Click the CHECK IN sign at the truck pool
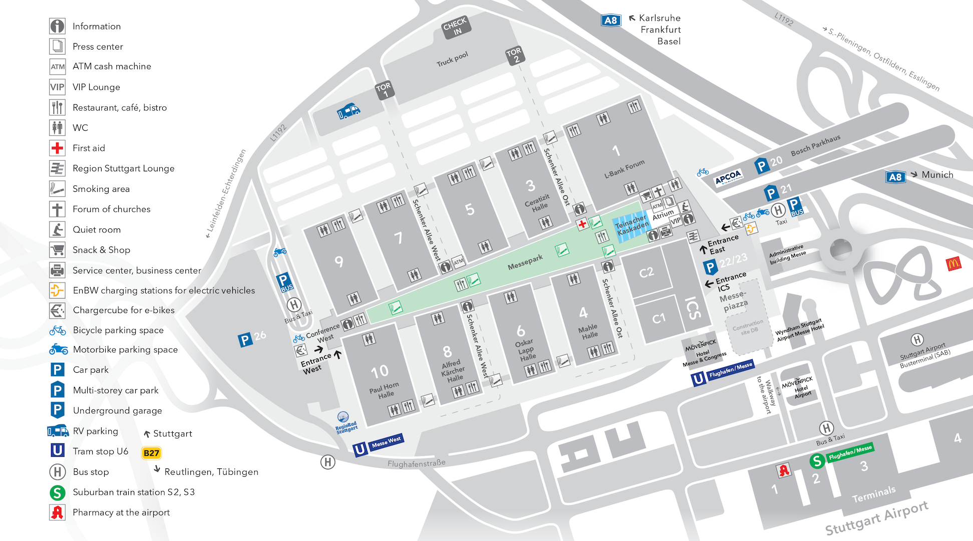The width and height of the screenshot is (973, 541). [456, 27]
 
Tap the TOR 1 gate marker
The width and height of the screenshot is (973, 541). [385, 90]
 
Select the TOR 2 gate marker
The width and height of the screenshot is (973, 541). [515, 55]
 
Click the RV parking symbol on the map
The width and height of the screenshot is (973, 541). [349, 111]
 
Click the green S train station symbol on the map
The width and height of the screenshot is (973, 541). [817, 461]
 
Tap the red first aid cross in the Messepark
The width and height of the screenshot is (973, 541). [582, 224]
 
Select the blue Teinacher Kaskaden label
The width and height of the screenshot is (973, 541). [631, 226]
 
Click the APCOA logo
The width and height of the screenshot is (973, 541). [728, 177]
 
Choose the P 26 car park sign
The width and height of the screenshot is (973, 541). [252, 339]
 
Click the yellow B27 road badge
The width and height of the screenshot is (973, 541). [151, 453]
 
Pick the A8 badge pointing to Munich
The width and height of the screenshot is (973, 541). [895, 176]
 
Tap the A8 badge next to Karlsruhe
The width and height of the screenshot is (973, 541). [611, 21]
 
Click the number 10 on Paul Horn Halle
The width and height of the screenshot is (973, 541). [379, 371]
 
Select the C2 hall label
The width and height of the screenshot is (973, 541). [646, 272]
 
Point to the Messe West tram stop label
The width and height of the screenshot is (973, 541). [386, 441]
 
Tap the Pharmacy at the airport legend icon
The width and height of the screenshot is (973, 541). [57, 512]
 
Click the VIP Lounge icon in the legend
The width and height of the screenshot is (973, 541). [57, 87]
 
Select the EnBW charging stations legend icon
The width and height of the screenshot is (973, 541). [57, 290]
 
